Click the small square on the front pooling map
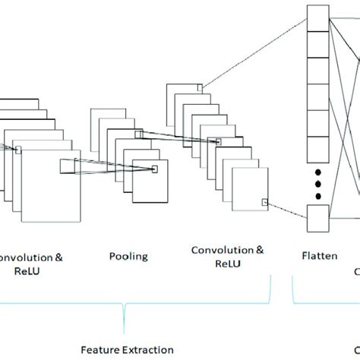click(x=154, y=169)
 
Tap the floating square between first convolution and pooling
click(x=70, y=166)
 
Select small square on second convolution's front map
click(x=264, y=202)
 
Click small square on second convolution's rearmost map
click(x=199, y=88)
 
